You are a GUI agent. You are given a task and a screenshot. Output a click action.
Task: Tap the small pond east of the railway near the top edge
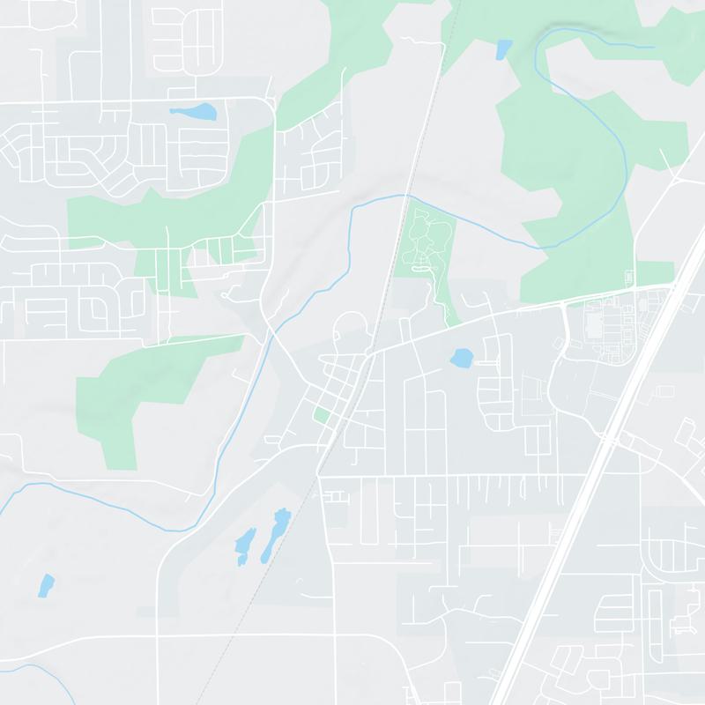pyautogui.click(x=503, y=49)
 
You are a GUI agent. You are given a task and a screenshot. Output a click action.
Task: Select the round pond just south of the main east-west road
pyautogui.click(x=461, y=358)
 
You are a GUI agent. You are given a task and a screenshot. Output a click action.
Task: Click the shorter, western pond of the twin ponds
pyautogui.click(x=244, y=544)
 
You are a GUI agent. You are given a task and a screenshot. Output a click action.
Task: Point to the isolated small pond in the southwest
pyautogui.click(x=46, y=584)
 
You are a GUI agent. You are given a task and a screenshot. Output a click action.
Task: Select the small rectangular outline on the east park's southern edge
pyautogui.click(x=629, y=276)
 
